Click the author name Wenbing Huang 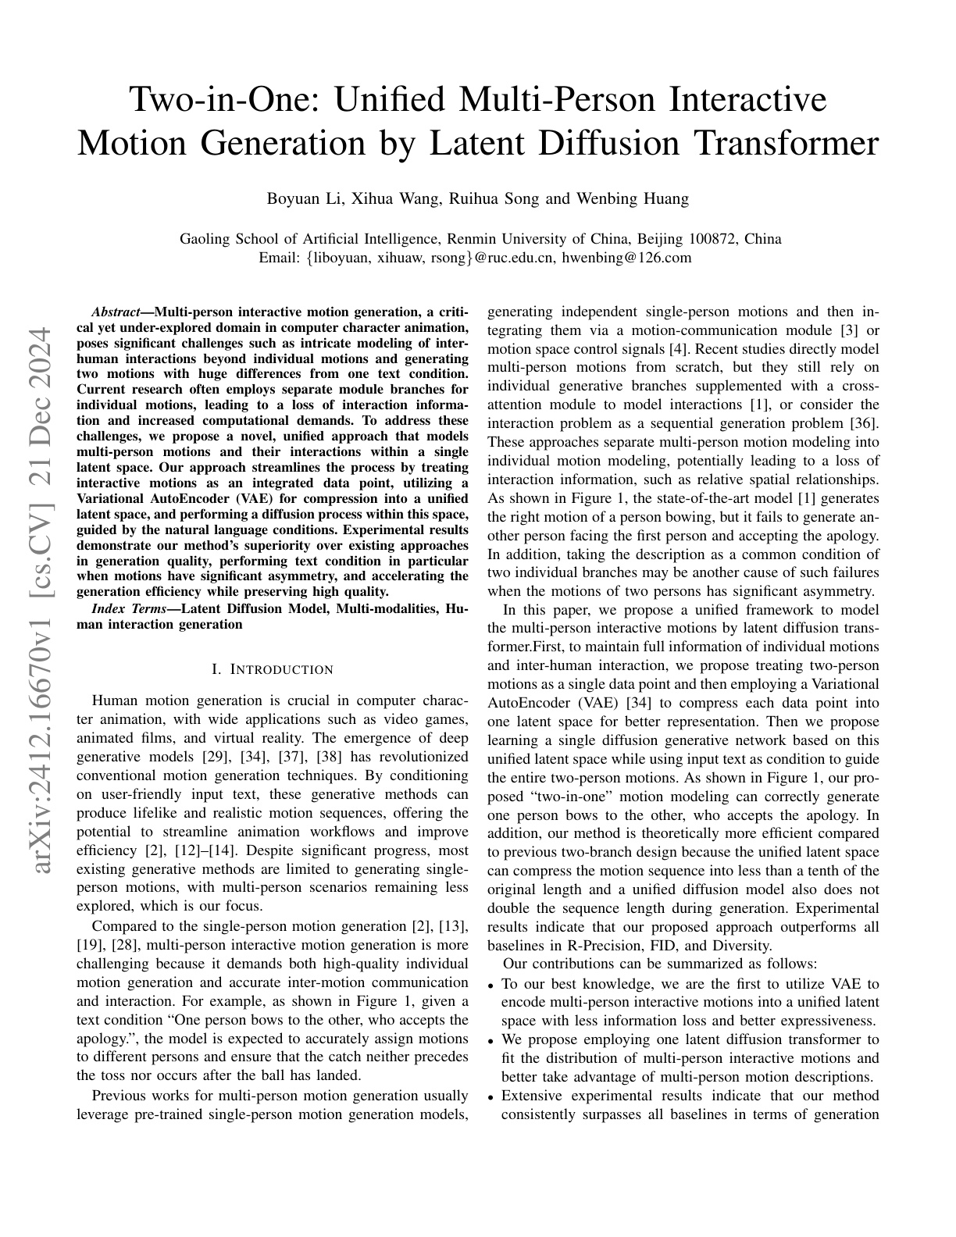coord(633,198)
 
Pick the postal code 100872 coord(713,239)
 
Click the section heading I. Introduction coord(273,670)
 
